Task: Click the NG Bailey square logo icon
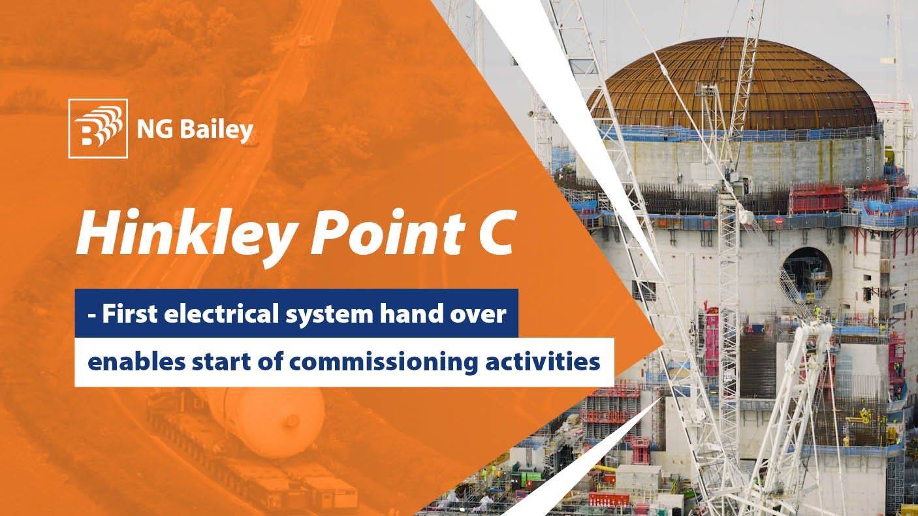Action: [x=98, y=128]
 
